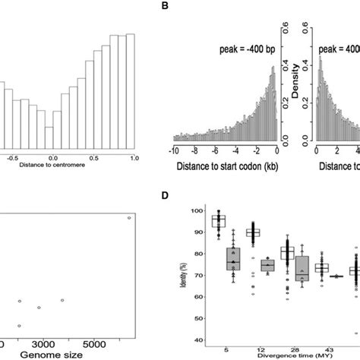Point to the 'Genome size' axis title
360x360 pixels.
(x=59, y=355)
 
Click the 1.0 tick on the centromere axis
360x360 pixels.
(x=134, y=157)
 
